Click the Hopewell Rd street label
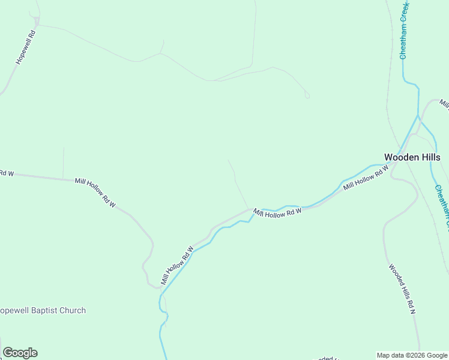click(x=26, y=48)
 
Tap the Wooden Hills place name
click(x=412, y=157)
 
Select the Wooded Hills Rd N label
click(x=402, y=289)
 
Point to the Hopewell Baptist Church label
click(x=43, y=311)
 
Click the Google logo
click(x=20, y=353)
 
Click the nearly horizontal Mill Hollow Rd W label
click(x=277, y=212)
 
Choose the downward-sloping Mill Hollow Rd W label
click(x=95, y=193)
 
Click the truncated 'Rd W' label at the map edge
click(x=6, y=173)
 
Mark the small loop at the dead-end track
click(x=307, y=95)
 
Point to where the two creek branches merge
click(x=418, y=116)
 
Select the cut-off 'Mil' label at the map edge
click(x=444, y=104)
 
